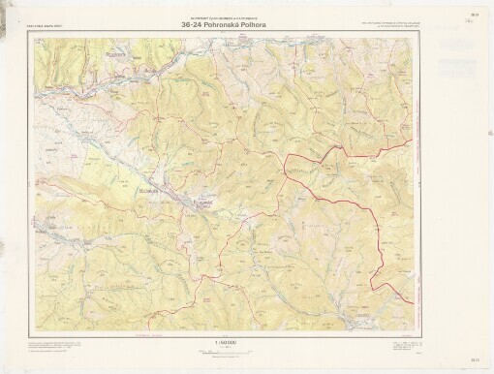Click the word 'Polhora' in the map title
pyautogui.click(x=256, y=25)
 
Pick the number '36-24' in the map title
pyautogui.click(x=194, y=25)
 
